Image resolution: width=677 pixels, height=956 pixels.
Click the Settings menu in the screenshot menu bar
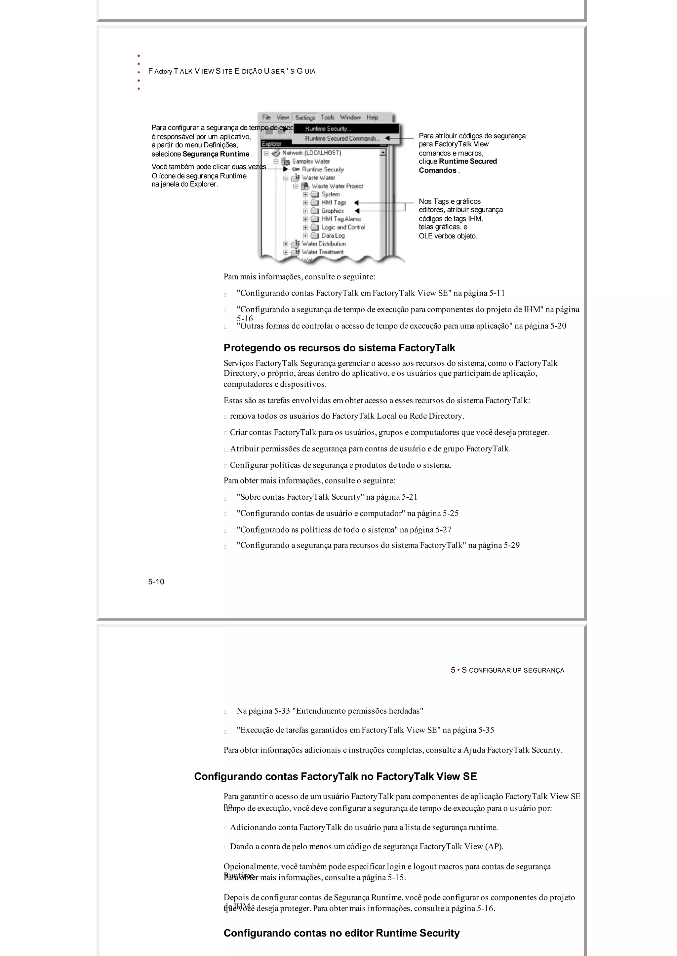(x=305, y=118)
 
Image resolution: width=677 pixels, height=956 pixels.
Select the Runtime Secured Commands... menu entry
(x=342, y=138)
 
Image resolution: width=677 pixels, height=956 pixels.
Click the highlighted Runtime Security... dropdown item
(x=328, y=129)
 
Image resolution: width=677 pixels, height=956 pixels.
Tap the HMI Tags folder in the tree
(x=334, y=202)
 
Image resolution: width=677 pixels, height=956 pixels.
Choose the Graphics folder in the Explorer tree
(x=332, y=211)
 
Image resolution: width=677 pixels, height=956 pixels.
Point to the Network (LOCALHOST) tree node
(x=311, y=153)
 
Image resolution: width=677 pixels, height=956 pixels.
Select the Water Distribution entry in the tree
(x=324, y=244)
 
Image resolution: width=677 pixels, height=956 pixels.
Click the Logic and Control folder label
(x=343, y=227)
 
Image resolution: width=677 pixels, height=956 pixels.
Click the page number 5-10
(x=156, y=582)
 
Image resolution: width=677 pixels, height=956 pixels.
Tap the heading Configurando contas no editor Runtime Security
(x=341, y=933)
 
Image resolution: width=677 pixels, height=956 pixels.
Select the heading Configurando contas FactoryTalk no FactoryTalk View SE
(x=335, y=777)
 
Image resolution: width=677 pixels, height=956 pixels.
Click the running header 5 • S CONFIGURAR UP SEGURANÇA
(x=507, y=670)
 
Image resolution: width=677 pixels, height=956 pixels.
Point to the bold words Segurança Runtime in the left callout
(x=216, y=154)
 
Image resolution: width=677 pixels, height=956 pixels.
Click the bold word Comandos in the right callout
(x=437, y=170)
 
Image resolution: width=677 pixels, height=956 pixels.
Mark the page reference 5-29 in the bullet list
(x=511, y=546)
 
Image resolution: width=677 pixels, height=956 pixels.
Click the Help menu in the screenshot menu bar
(x=372, y=118)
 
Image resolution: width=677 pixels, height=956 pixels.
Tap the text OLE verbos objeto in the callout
(x=448, y=236)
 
